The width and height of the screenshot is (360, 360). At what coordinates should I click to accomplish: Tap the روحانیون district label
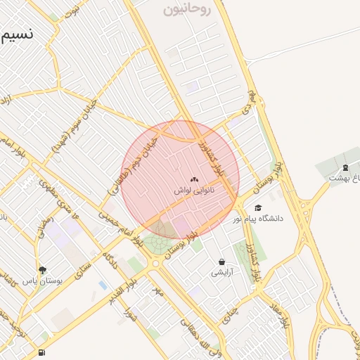point(186,10)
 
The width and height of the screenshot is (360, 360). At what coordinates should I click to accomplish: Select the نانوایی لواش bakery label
point(194,191)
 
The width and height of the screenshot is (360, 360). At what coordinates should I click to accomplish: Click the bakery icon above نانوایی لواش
point(194,181)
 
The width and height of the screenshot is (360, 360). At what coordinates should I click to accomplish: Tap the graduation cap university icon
point(258,207)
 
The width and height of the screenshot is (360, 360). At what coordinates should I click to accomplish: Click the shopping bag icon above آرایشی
point(221,262)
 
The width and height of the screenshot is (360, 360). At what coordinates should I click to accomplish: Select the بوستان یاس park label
point(43,280)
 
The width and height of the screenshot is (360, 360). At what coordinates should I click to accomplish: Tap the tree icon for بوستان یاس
point(43,270)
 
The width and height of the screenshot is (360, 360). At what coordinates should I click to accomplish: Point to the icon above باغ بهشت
point(345,167)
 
